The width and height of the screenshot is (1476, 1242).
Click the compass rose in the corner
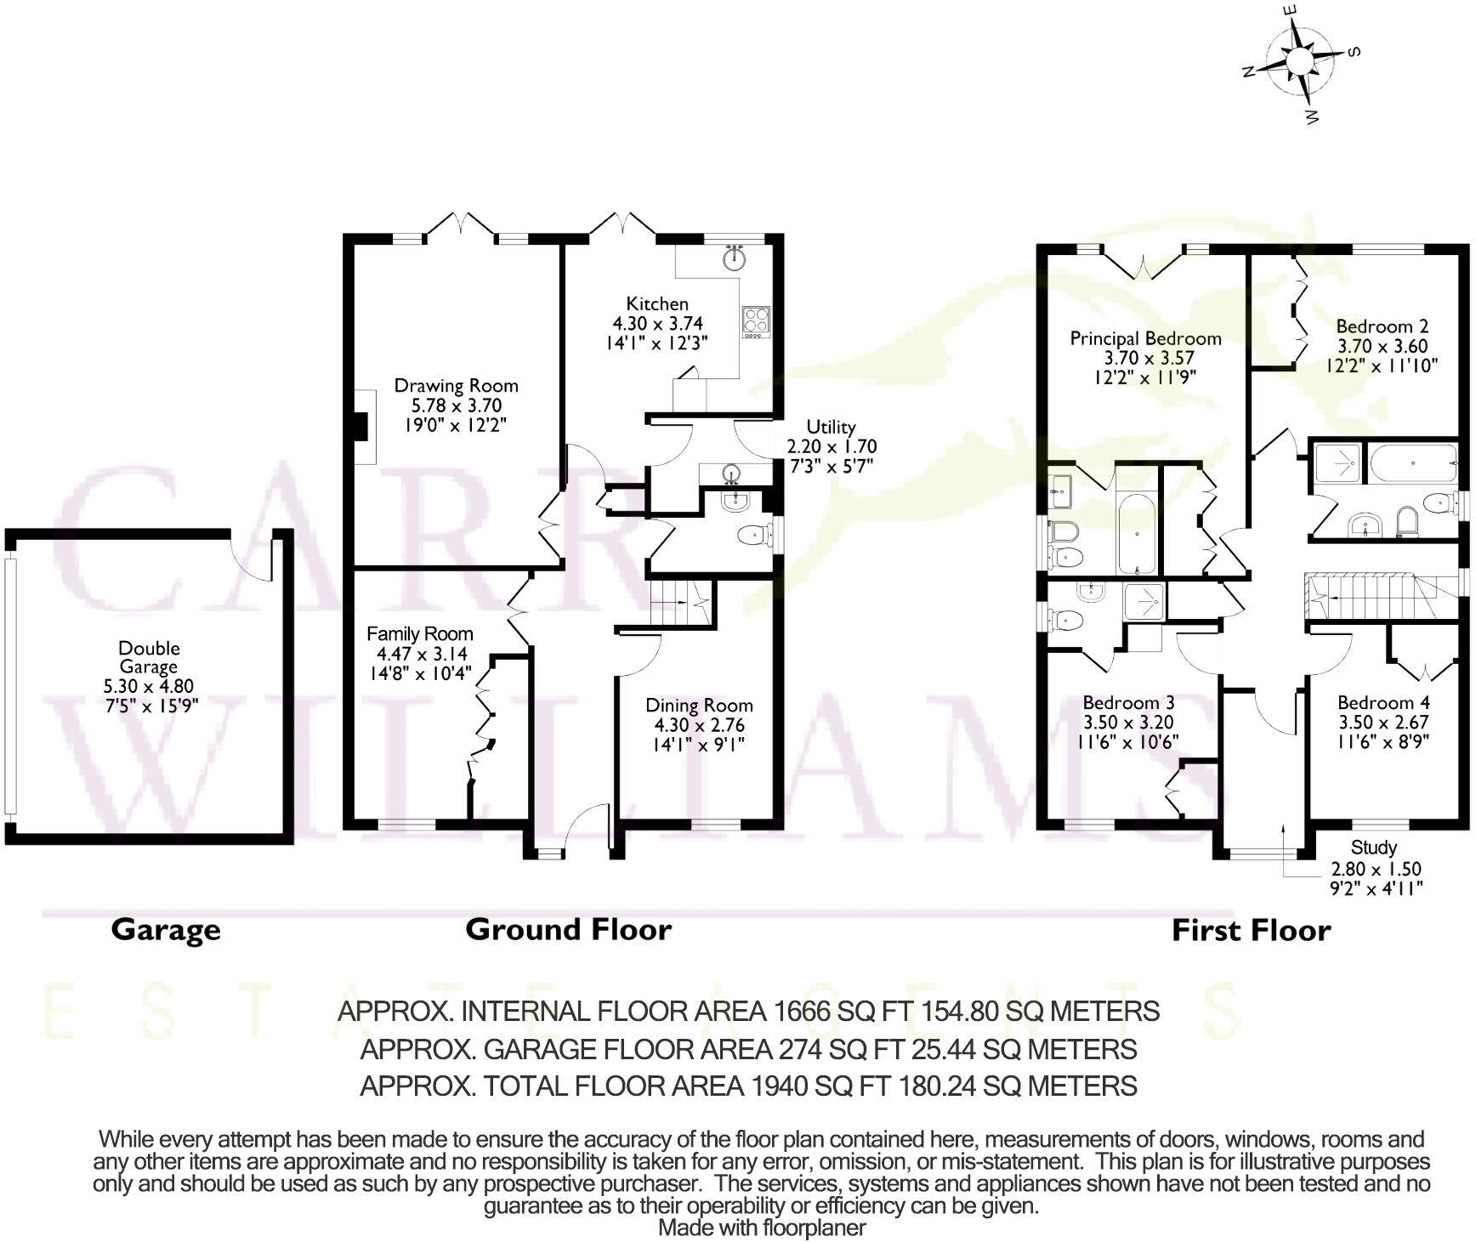(1299, 62)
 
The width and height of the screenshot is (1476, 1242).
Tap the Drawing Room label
(456, 386)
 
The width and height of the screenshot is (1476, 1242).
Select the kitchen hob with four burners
(756, 320)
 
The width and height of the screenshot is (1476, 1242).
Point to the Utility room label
(831, 427)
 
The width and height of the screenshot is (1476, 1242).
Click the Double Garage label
(149, 657)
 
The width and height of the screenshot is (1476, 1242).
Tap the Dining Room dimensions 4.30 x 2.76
(699, 725)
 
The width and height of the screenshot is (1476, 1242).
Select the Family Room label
(419, 633)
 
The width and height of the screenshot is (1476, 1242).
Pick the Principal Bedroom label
(1145, 338)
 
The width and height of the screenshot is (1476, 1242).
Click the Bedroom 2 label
(1382, 326)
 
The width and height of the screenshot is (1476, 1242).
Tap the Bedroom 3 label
(1128, 703)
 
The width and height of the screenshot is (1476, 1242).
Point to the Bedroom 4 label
(1383, 703)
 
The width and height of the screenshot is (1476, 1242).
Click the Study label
(1373, 848)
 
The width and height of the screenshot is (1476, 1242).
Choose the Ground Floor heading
(568, 930)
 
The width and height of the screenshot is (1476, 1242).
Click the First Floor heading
(1251, 931)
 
